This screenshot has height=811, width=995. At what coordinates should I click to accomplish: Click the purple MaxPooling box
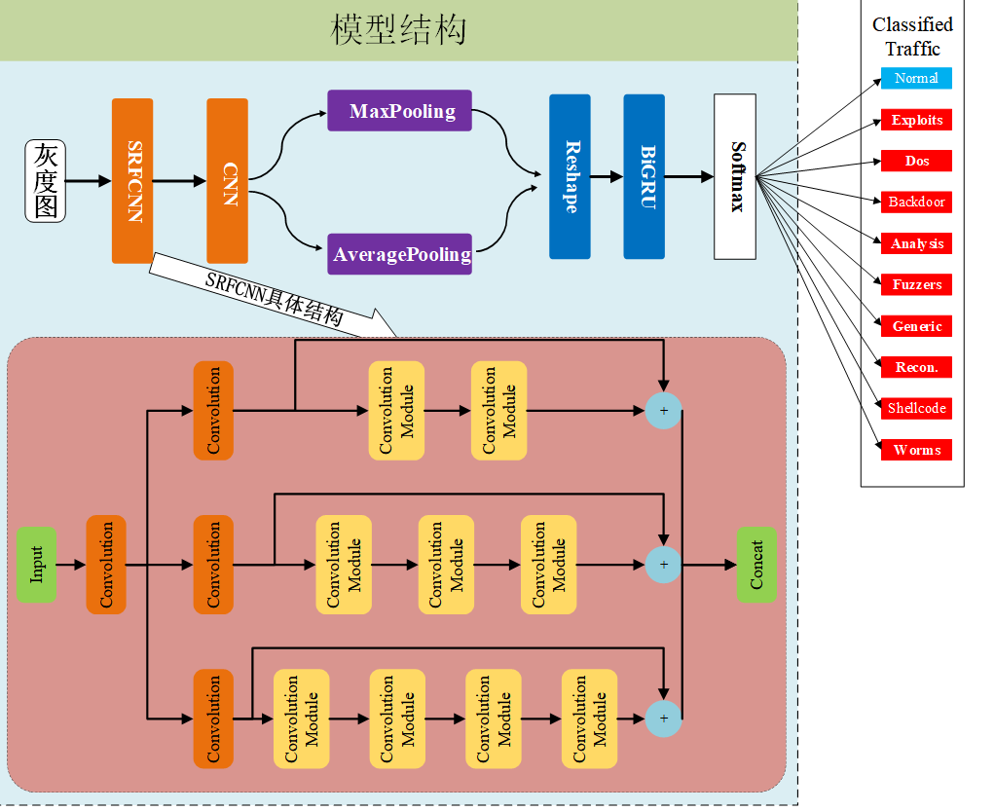[399, 111]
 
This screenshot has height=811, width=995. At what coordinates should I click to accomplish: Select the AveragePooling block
[399, 254]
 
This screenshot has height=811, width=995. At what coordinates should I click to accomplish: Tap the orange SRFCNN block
[132, 181]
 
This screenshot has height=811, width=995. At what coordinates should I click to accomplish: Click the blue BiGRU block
[645, 176]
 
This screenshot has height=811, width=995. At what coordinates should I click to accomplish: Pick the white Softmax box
[735, 176]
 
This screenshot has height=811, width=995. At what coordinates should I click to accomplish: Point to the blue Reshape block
[570, 176]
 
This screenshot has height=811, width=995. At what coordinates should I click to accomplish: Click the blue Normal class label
[916, 78]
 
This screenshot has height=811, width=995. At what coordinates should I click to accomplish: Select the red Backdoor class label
[916, 202]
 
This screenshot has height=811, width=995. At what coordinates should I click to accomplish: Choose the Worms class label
[916, 450]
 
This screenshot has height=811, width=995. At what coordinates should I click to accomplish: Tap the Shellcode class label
[916, 408]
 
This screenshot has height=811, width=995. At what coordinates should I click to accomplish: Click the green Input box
[36, 564]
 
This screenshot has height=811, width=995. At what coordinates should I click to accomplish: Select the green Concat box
[756, 565]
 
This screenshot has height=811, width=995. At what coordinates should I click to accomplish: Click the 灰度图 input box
[45, 181]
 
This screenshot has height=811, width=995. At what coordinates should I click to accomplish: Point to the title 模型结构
[399, 30]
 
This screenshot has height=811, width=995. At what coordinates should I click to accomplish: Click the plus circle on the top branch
[664, 411]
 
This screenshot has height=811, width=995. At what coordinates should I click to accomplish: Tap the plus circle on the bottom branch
[664, 719]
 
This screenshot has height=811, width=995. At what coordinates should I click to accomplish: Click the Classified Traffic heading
[912, 37]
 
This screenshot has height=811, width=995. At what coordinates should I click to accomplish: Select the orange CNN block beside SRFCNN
[228, 181]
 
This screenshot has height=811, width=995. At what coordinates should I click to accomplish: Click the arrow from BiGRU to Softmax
[688, 176]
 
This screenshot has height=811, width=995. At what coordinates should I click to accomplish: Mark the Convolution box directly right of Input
[106, 565]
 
